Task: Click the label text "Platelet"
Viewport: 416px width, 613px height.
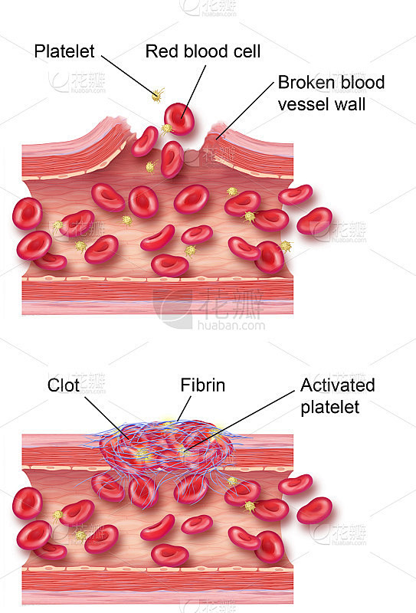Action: (64, 51)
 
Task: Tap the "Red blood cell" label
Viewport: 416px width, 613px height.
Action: (203, 51)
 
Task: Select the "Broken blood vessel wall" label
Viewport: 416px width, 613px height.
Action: (331, 93)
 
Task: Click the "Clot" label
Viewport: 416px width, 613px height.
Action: (64, 385)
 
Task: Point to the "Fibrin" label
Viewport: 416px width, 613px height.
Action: (202, 385)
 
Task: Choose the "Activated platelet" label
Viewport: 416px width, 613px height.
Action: (337, 396)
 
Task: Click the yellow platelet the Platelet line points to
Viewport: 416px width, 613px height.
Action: (158, 95)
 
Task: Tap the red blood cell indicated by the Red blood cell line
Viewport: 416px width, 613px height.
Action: (179, 119)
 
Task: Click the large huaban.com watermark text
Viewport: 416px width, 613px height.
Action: (231, 325)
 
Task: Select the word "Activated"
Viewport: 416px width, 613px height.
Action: (337, 385)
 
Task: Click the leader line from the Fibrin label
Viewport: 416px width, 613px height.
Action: (184, 408)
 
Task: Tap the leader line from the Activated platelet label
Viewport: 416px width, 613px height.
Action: (240, 421)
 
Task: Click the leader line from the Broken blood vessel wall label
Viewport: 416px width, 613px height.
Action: (245, 110)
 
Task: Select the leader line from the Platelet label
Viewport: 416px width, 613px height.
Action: (129, 75)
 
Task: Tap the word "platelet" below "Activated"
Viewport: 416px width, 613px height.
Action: (329, 408)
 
